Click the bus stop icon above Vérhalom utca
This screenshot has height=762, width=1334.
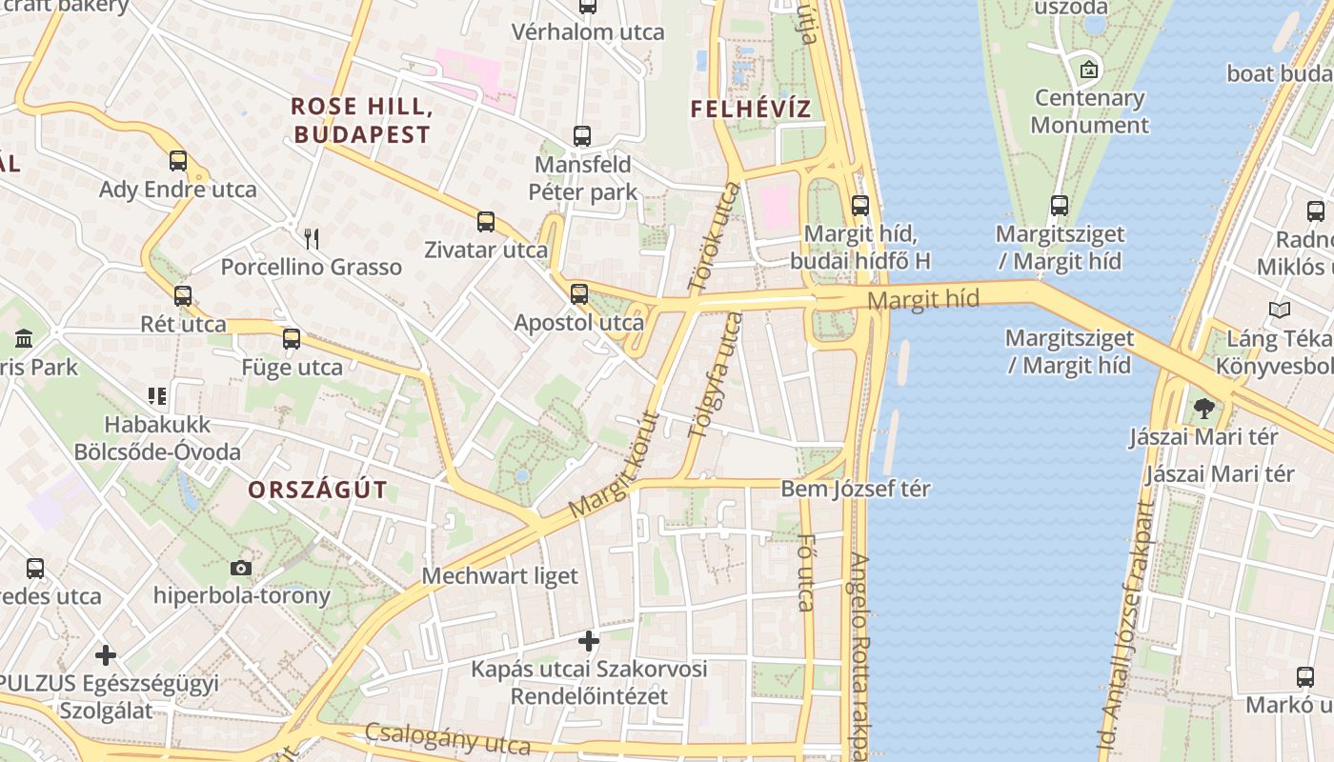(588, 6)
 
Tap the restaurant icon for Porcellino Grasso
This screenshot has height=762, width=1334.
(311, 238)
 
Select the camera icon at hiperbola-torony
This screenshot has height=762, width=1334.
(241, 569)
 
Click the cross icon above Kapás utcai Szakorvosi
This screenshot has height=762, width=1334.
(589, 641)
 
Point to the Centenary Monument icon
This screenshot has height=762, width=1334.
(1089, 70)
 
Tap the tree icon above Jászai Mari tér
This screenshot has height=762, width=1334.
(1203, 409)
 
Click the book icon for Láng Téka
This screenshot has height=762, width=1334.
(1280, 311)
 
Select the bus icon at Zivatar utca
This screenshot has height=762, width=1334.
(486, 222)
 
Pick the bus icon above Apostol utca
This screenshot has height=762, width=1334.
(579, 294)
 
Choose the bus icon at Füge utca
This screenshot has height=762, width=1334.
(292, 339)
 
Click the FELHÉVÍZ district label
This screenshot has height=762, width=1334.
(751, 109)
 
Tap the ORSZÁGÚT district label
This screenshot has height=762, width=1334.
(318, 491)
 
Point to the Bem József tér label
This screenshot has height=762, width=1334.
(856, 490)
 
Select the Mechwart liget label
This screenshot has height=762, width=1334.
(500, 576)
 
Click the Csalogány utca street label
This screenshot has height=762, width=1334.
(447, 738)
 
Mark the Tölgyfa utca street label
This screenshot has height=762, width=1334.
(714, 375)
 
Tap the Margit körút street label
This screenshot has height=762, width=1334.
(615, 466)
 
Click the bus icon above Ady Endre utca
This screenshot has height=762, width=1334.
(178, 161)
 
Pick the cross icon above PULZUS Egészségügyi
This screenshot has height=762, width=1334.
(106, 655)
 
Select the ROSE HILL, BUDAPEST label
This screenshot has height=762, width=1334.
(362, 120)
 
